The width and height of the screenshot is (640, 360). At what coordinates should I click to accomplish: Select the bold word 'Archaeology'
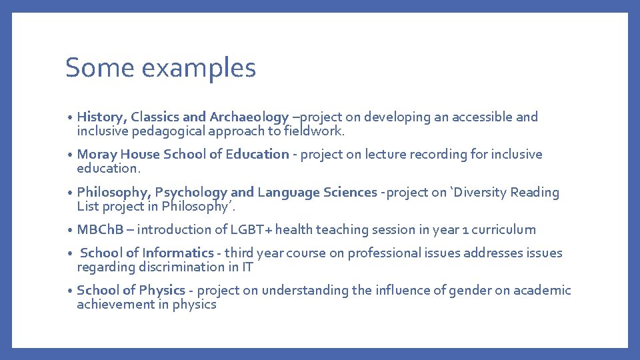pos(249,117)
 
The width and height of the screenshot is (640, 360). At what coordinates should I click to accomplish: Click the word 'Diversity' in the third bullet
pos(481,193)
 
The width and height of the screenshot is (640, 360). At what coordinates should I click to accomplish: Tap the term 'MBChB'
pos(95,230)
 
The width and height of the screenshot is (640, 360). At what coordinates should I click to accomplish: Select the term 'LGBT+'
pos(252,230)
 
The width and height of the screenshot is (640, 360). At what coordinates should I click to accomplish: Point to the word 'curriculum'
pos(505,230)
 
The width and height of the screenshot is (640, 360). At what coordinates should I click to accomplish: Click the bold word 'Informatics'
pos(177,253)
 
